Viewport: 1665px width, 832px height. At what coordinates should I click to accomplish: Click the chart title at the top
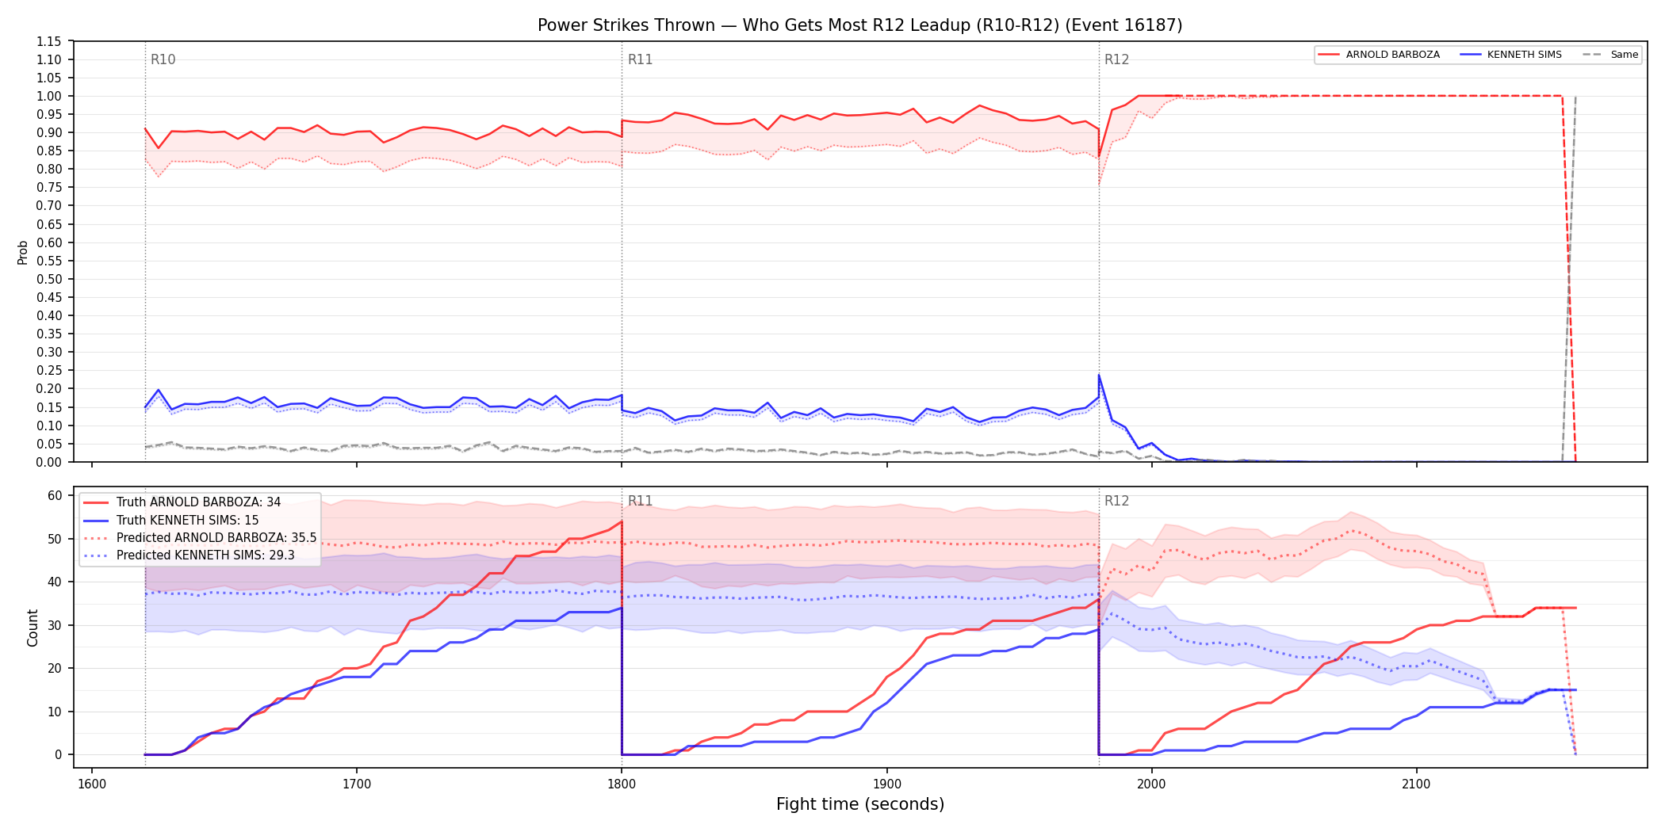click(x=859, y=25)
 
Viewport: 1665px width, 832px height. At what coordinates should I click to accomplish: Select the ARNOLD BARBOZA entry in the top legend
click(x=1379, y=55)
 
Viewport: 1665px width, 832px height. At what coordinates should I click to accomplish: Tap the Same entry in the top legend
click(x=1610, y=55)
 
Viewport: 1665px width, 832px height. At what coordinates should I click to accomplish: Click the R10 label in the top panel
click(x=163, y=59)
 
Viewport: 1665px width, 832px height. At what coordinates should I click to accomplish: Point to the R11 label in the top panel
click(x=640, y=59)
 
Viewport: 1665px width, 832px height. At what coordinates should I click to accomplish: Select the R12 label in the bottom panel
click(x=1116, y=501)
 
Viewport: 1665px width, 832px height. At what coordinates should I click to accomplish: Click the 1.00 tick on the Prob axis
click(x=49, y=96)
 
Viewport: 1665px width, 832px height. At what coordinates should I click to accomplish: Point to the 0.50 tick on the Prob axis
click(x=49, y=279)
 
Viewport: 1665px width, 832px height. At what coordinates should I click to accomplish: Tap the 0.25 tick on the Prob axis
click(x=49, y=370)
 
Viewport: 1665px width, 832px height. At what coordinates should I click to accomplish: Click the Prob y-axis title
click(x=23, y=252)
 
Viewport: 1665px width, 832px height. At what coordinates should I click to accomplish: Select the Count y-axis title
click(x=33, y=628)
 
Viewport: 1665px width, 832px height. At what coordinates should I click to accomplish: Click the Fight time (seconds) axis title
click(x=860, y=804)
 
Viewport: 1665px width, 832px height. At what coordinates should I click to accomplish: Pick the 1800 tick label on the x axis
click(x=622, y=784)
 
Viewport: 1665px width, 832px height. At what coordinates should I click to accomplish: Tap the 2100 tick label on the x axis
click(x=1416, y=784)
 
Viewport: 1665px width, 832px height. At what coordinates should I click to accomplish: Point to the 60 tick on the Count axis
click(x=55, y=495)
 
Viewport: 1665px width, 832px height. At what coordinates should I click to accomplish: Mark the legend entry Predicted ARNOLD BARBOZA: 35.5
click(x=200, y=538)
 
